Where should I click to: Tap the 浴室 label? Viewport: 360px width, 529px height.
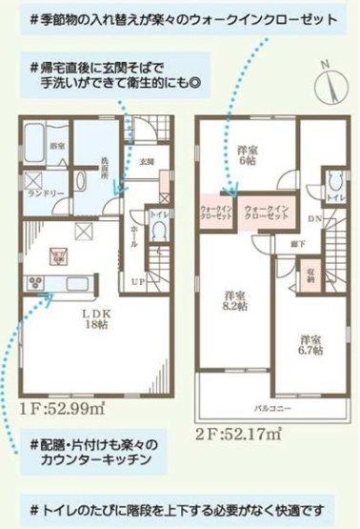coord(57,145)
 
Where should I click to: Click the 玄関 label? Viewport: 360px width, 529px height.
coord(146,162)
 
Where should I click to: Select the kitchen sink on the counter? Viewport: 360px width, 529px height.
coord(76,282)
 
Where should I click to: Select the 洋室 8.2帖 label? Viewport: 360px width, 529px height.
coord(234,299)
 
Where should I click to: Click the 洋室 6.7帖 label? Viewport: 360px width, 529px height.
coord(309,344)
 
